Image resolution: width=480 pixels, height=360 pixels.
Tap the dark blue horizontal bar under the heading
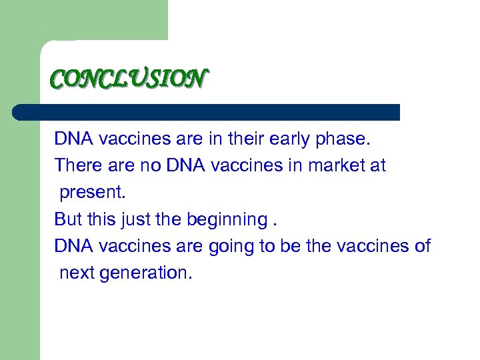click(207, 112)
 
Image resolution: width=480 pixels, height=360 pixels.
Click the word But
click(68, 219)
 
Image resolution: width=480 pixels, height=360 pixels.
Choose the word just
click(135, 219)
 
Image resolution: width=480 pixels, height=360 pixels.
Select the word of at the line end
click(423, 246)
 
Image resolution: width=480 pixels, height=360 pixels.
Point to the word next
click(77, 273)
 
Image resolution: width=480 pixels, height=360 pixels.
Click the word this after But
click(100, 219)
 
